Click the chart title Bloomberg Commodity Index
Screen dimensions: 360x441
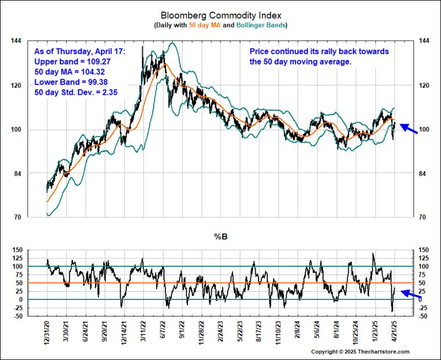click(x=220, y=15)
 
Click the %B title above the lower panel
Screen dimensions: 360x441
click(x=220, y=238)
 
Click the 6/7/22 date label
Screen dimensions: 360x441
click(x=164, y=334)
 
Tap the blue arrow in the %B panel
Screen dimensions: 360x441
click(x=411, y=295)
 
